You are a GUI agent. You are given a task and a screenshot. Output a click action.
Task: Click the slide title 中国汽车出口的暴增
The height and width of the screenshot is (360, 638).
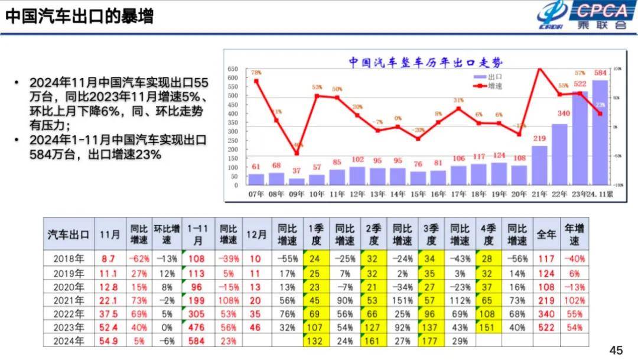79,17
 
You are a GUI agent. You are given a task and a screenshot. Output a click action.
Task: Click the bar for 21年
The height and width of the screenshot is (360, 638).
539,165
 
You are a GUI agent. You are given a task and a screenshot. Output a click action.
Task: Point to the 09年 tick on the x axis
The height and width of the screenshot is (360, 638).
297,193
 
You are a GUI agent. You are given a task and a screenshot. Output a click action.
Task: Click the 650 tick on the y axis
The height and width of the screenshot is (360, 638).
233,69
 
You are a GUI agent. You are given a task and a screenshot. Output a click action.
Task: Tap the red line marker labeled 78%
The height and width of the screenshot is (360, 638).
256,81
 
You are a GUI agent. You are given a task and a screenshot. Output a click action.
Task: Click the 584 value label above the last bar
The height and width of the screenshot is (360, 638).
600,73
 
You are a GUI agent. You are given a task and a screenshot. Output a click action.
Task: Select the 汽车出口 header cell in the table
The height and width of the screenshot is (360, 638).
69,234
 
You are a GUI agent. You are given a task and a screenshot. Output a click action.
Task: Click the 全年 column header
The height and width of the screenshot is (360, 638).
546,234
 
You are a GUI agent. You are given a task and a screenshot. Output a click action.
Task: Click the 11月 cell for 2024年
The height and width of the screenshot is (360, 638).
108,340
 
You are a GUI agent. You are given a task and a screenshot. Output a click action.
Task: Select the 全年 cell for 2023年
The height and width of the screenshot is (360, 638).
546,327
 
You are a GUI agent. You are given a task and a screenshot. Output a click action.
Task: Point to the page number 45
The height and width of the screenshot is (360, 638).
616,350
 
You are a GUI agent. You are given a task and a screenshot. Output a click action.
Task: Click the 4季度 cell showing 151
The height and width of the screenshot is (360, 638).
489,327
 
